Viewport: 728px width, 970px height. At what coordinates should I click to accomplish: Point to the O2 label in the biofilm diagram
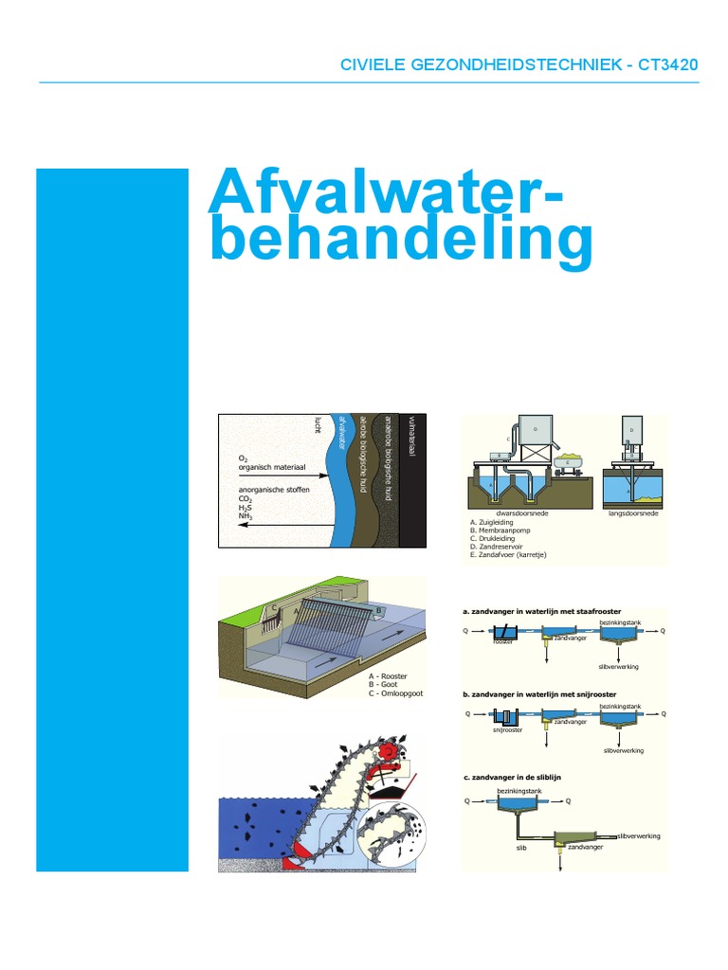pos(244,457)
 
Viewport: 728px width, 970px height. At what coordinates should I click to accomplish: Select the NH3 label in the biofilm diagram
pos(246,516)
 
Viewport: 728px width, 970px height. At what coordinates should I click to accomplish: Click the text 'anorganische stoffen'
pos(272,490)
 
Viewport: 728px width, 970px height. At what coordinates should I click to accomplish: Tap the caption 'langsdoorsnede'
pos(632,512)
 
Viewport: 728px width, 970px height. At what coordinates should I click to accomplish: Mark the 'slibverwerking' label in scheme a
pos(619,667)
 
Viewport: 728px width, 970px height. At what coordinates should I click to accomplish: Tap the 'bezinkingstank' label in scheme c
pos(516,789)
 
